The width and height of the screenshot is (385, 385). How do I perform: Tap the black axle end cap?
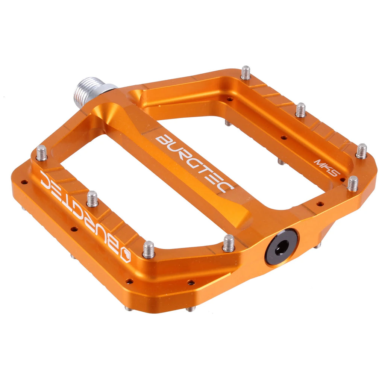click(x=281, y=247)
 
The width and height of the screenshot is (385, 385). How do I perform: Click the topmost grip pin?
click(x=246, y=73)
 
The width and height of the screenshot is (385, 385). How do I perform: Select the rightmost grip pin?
click(x=361, y=151)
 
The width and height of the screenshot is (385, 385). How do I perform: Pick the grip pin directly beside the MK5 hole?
click(x=352, y=183)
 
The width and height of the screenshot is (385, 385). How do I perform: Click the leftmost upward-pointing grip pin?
click(x=41, y=153)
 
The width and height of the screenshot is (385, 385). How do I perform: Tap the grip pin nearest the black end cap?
click(x=228, y=243)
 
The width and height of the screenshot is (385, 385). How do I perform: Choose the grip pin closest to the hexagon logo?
click(x=149, y=249)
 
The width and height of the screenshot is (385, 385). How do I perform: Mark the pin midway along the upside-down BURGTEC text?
click(x=92, y=199)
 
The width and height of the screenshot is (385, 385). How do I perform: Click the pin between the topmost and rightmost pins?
click(x=300, y=110)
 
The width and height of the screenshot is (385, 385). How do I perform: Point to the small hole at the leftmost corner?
click(x=24, y=182)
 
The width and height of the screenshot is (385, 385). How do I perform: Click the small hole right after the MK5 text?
click(x=343, y=180)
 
